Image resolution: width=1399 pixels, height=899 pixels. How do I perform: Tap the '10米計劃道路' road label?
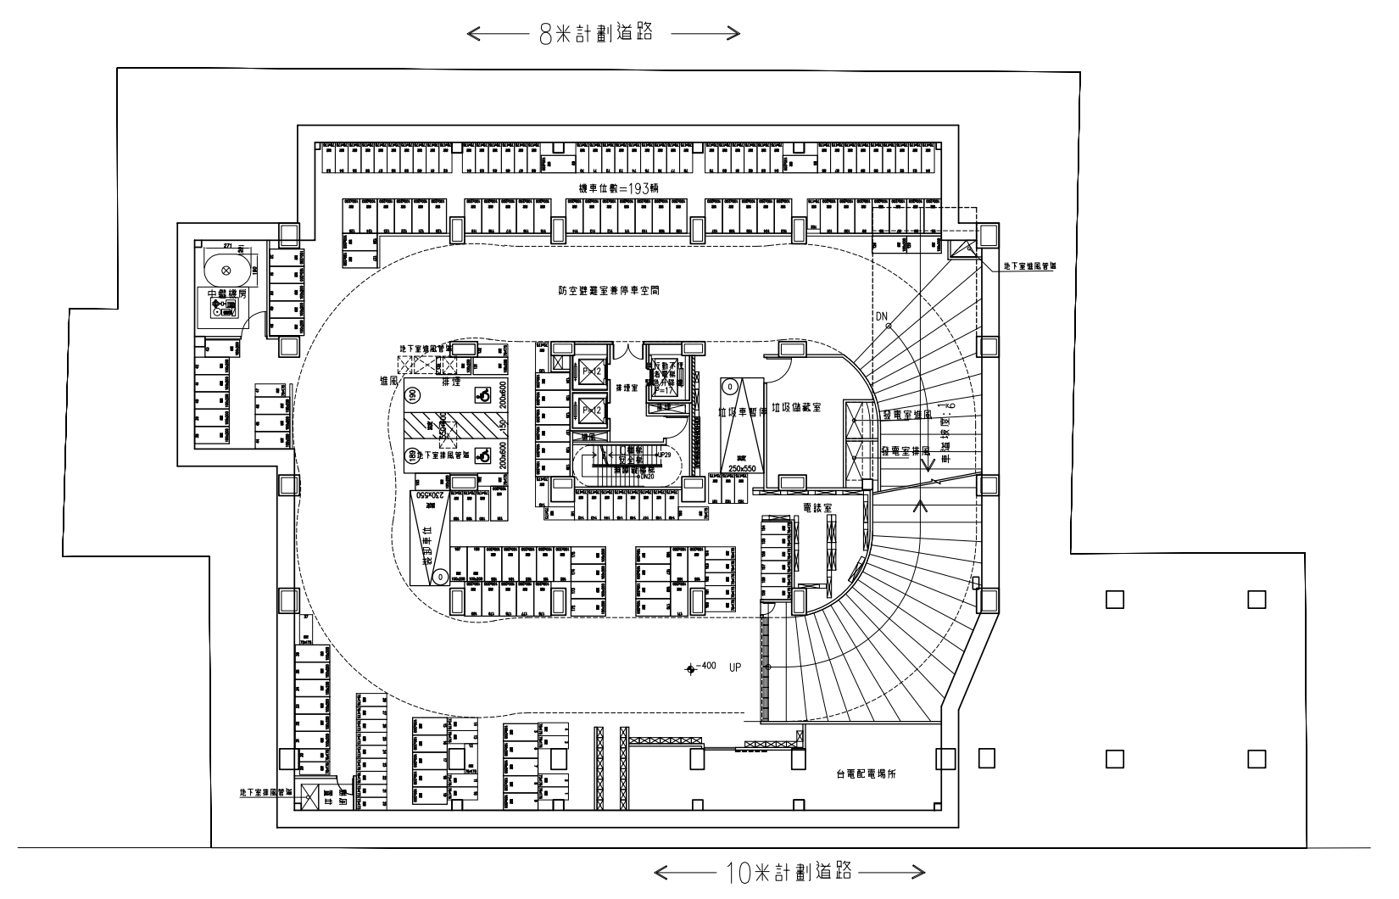[x=789, y=871]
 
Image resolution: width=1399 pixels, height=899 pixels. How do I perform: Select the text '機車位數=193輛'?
[x=618, y=188]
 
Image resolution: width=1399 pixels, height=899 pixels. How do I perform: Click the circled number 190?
[x=413, y=395]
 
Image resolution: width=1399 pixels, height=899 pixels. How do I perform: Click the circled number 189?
[x=413, y=455]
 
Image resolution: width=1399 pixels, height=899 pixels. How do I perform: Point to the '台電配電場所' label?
[x=872, y=773]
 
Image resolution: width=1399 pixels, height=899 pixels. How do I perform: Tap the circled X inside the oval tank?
[x=226, y=270]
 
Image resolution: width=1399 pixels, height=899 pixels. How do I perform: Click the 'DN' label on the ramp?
[x=883, y=317]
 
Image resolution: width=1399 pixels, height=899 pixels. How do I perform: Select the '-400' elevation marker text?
[x=708, y=667]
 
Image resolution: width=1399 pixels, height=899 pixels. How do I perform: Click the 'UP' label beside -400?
[x=734, y=667]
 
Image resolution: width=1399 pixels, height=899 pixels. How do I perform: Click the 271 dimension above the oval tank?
[x=226, y=245]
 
